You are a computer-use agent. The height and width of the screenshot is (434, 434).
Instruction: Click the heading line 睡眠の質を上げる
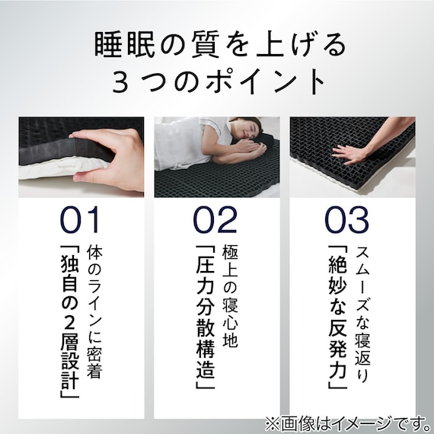pyautogui.click(x=216, y=46)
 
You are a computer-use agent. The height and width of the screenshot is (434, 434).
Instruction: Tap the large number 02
pyautogui.click(x=215, y=219)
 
